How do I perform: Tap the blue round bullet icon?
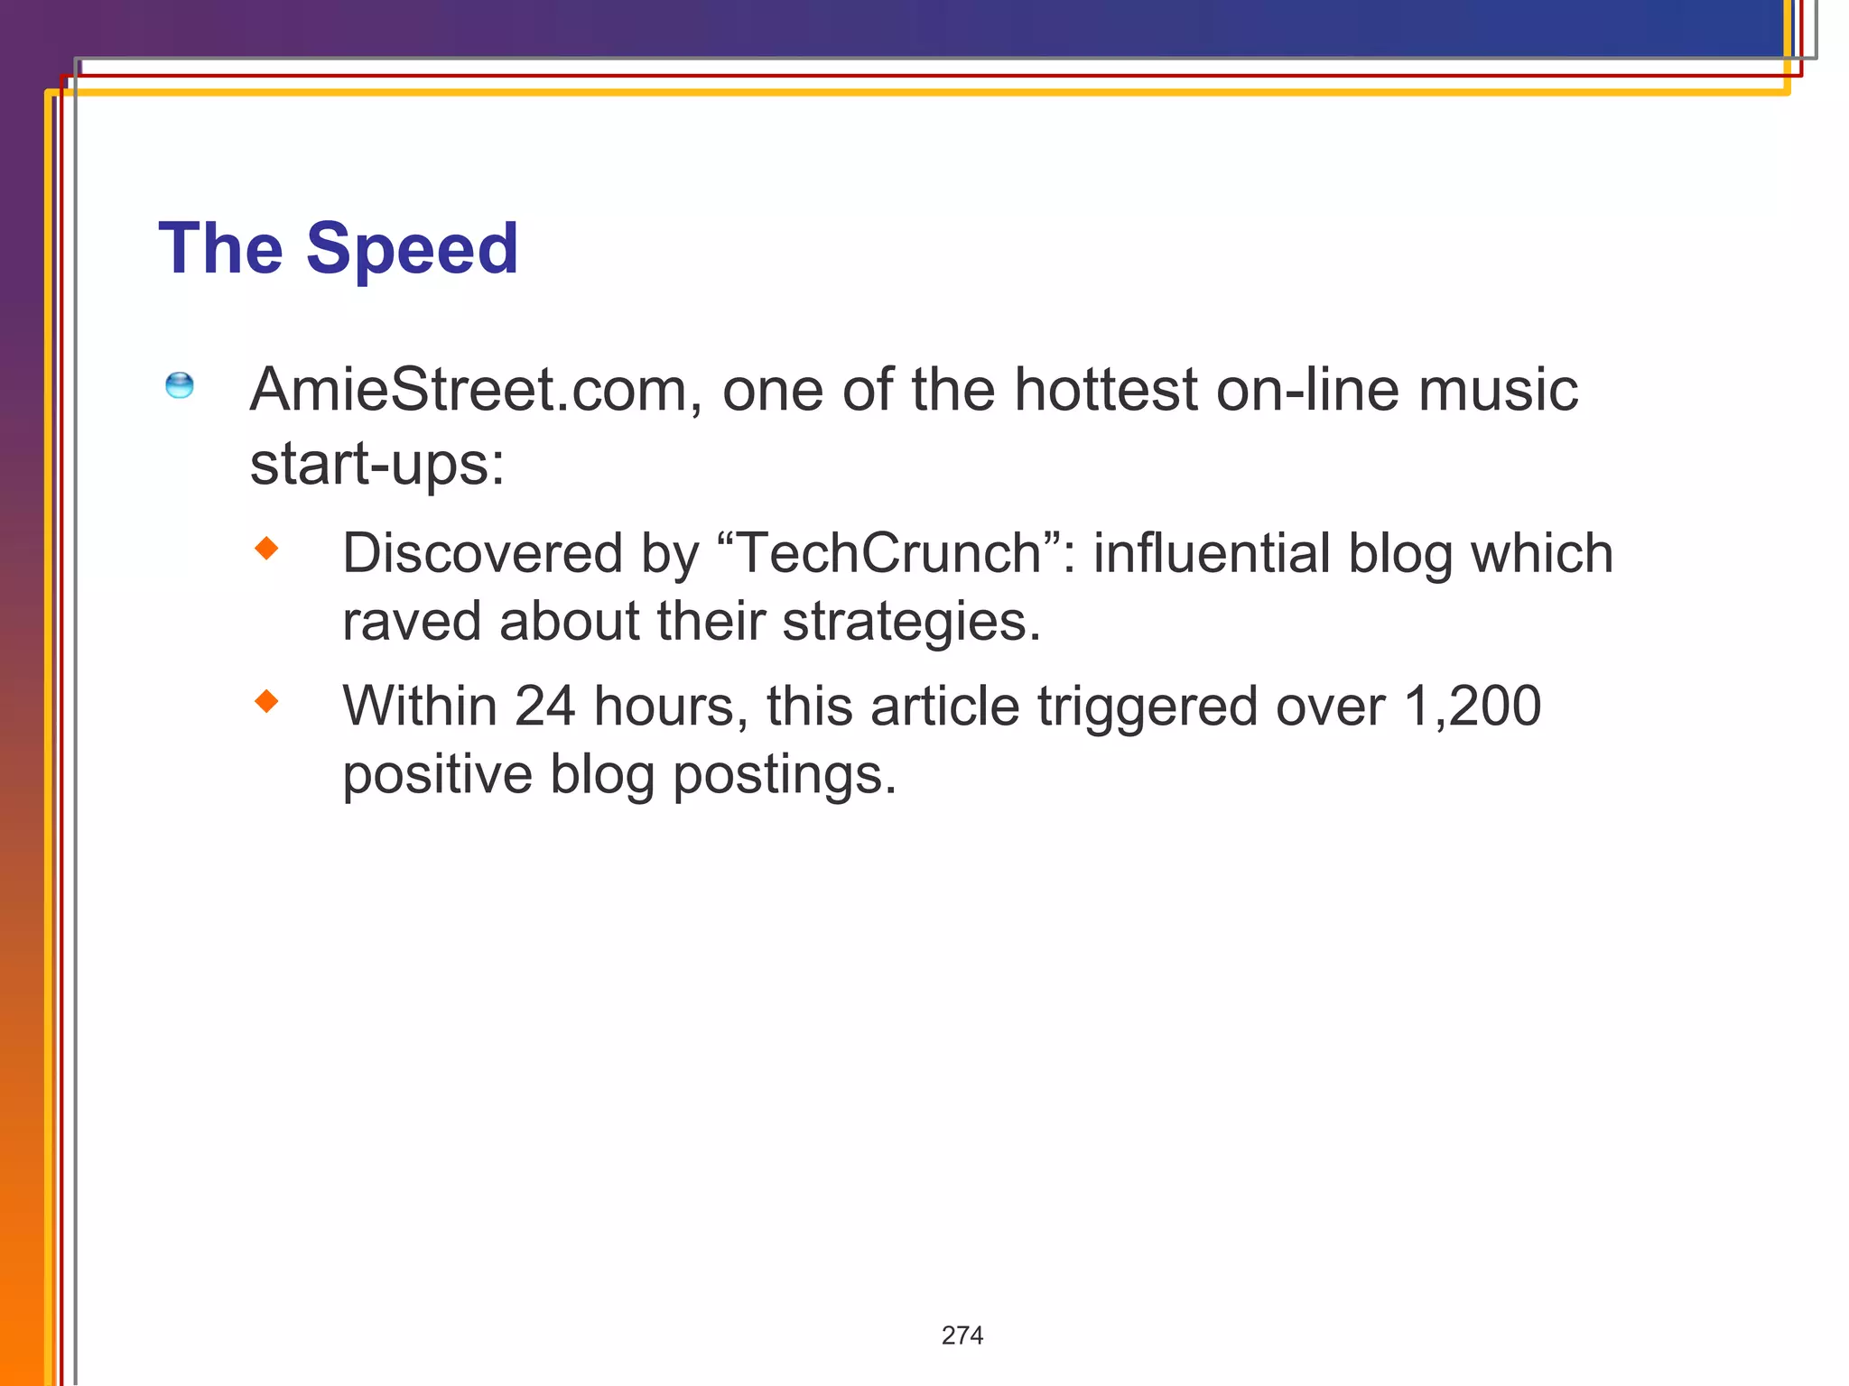[x=180, y=385]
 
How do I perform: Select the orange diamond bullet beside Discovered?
[x=266, y=548]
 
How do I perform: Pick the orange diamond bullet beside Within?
[x=266, y=701]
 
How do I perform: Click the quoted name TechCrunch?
[x=889, y=552]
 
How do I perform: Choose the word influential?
[x=1212, y=552]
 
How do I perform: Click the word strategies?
[x=911, y=622]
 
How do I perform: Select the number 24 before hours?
[x=544, y=706]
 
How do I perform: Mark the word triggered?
[x=1147, y=706]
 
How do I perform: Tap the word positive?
[x=437, y=774]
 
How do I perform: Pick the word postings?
[x=785, y=774]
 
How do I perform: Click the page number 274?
[x=962, y=1335]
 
